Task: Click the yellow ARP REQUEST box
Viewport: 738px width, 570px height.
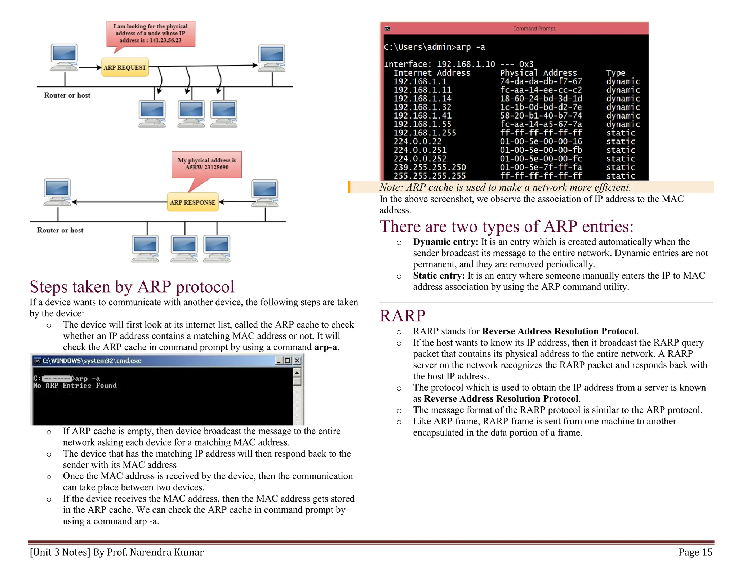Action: point(125,67)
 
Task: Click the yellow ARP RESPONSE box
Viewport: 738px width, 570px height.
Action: point(192,202)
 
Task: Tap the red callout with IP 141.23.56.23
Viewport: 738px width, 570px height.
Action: point(151,33)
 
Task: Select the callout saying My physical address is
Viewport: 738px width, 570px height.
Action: point(206,164)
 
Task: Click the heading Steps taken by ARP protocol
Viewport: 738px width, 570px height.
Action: point(132,287)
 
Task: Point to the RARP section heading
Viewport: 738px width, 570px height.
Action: point(402,316)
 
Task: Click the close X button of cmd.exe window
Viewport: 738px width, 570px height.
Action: point(297,361)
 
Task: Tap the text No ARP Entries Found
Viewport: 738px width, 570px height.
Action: point(75,386)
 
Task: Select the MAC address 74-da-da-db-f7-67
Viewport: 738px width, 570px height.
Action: point(541,81)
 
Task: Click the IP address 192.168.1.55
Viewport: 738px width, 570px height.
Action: point(422,124)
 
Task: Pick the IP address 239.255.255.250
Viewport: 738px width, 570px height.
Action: point(430,167)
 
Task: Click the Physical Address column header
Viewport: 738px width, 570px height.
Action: point(538,73)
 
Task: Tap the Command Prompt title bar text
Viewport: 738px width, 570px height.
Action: point(534,28)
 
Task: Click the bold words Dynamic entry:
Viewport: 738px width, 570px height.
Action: point(445,242)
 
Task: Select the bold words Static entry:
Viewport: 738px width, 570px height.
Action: point(439,276)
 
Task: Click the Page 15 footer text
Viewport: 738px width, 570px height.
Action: point(695,552)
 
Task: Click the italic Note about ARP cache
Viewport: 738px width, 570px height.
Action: point(505,187)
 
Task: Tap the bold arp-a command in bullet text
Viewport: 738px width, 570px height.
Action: point(325,347)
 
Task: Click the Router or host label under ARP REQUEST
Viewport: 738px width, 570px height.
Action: point(67,95)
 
